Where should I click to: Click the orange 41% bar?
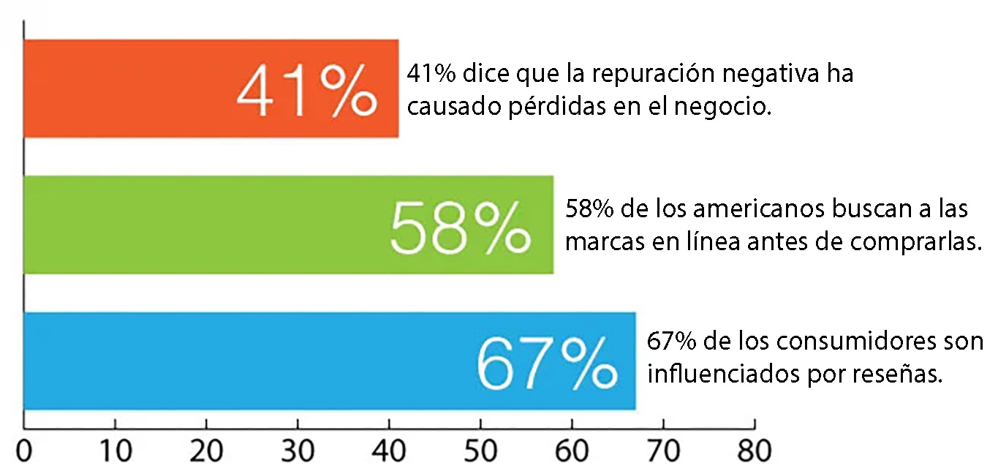[132, 89]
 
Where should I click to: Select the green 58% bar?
[205, 225]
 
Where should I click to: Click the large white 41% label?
[306, 91]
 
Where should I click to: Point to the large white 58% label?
[459, 227]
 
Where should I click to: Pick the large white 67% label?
[545, 363]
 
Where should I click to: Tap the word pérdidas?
[526, 108]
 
